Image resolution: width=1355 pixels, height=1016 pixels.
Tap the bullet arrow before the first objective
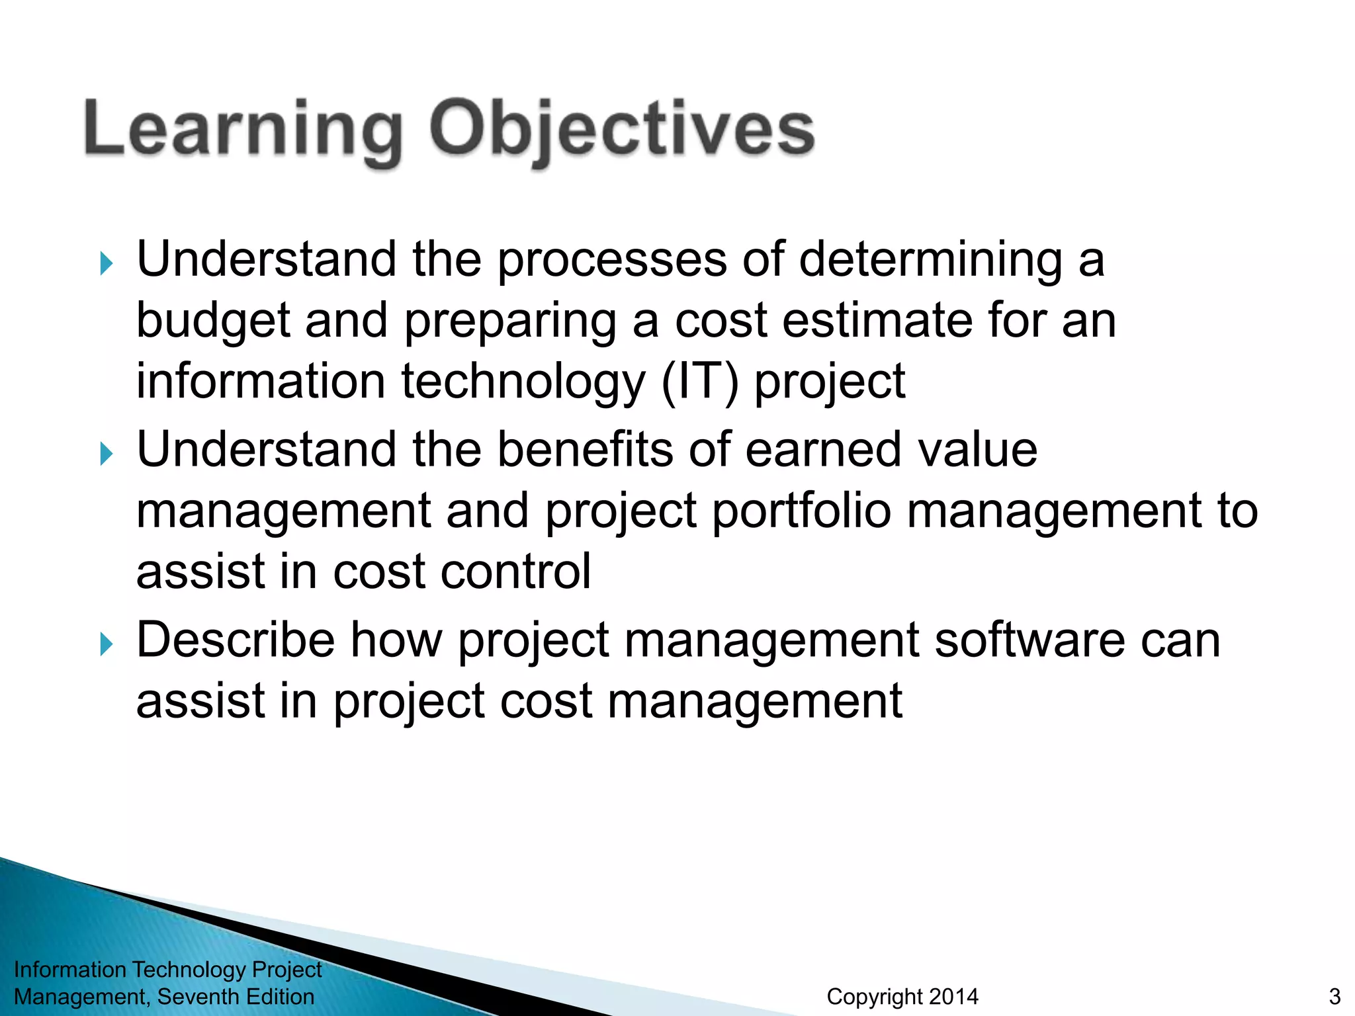pyautogui.click(x=107, y=264)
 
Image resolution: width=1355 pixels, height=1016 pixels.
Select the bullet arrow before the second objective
pyautogui.click(x=107, y=454)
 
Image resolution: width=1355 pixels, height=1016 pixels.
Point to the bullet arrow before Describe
pyautogui.click(x=107, y=644)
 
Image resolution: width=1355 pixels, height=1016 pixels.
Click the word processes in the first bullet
pyautogui.click(x=612, y=260)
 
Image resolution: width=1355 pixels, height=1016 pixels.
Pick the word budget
pyautogui.click(x=213, y=321)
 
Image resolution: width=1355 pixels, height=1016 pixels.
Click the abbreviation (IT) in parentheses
pyautogui.click(x=699, y=382)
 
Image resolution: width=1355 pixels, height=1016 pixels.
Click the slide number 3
pyautogui.click(x=1334, y=997)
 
